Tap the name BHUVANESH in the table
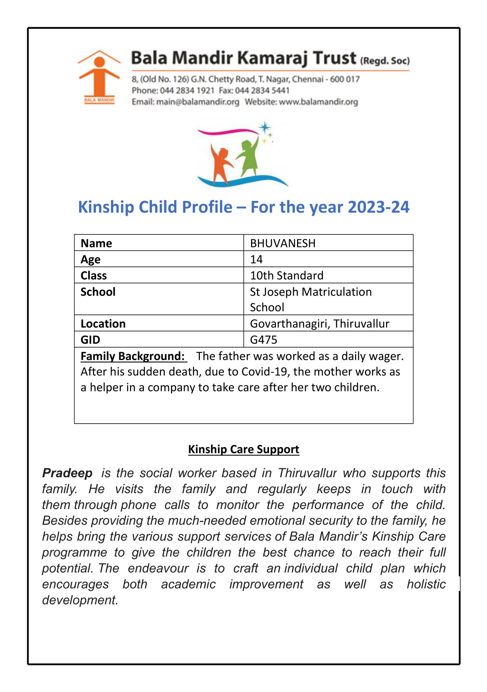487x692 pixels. coord(282,243)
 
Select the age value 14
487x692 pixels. coord(256,260)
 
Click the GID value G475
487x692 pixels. coord(263,340)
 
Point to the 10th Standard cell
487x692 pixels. coord(286,275)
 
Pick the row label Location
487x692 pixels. coord(103,324)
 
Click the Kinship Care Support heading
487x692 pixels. coord(243,449)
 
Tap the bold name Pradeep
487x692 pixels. coord(67,473)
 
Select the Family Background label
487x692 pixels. coord(133,356)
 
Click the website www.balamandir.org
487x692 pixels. coord(318,102)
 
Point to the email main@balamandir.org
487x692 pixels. coord(197,102)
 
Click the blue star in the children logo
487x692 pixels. coord(264,127)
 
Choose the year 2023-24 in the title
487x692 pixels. coord(378,207)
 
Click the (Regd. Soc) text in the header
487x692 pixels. coord(384,61)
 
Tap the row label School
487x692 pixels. coord(98,292)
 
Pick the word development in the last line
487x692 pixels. coord(80,600)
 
